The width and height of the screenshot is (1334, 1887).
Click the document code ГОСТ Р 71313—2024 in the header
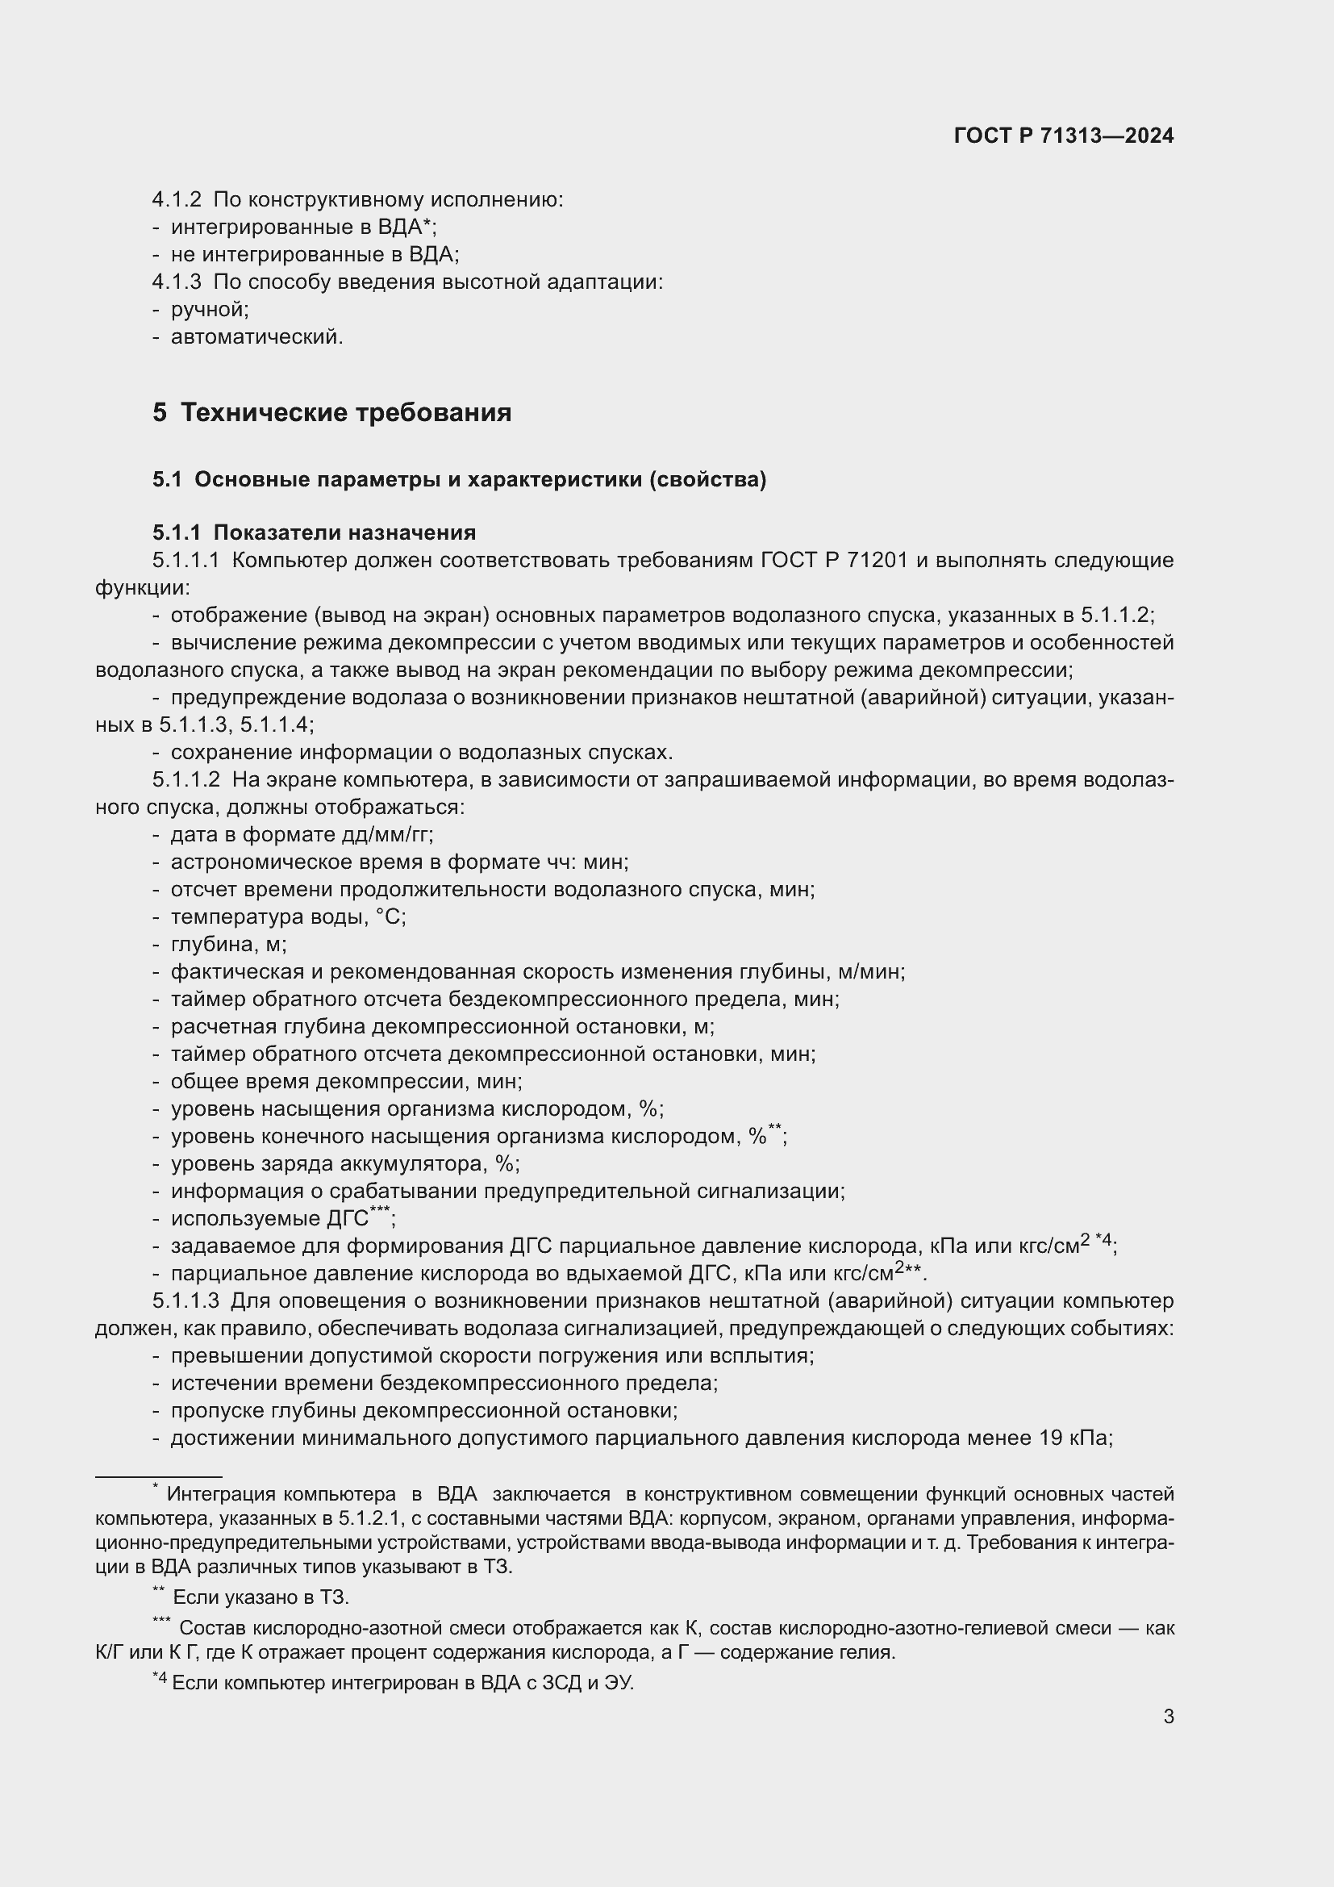tap(1063, 136)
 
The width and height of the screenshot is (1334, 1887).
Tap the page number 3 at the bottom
tap(1168, 1717)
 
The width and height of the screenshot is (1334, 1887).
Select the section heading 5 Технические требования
tap(331, 412)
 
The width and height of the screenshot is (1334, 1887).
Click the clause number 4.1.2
tap(177, 200)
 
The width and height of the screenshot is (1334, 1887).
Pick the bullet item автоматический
tap(256, 337)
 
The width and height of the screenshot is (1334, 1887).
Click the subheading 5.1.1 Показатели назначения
tap(314, 532)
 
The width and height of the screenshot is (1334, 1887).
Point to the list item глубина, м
tap(227, 945)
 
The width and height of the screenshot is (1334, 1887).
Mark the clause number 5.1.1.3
tap(186, 1301)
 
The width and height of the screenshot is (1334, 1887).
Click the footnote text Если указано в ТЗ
tap(261, 1597)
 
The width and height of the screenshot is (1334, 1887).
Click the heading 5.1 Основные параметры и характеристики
tap(459, 479)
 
